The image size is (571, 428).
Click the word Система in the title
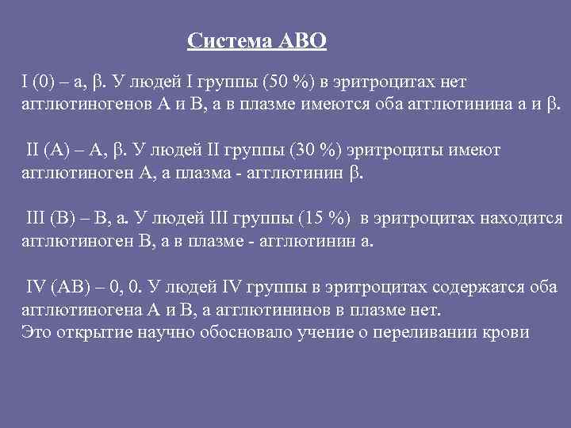coord(231,41)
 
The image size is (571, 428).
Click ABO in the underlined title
coord(302,41)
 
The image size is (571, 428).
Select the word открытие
coord(95,330)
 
